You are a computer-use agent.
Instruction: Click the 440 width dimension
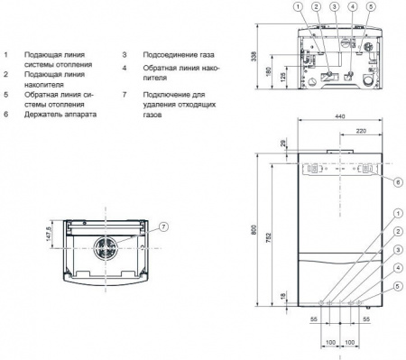(340, 117)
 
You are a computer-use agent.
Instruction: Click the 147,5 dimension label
(50, 235)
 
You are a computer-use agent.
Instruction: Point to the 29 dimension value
(281, 144)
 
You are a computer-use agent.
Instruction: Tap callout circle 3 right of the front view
(396, 247)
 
